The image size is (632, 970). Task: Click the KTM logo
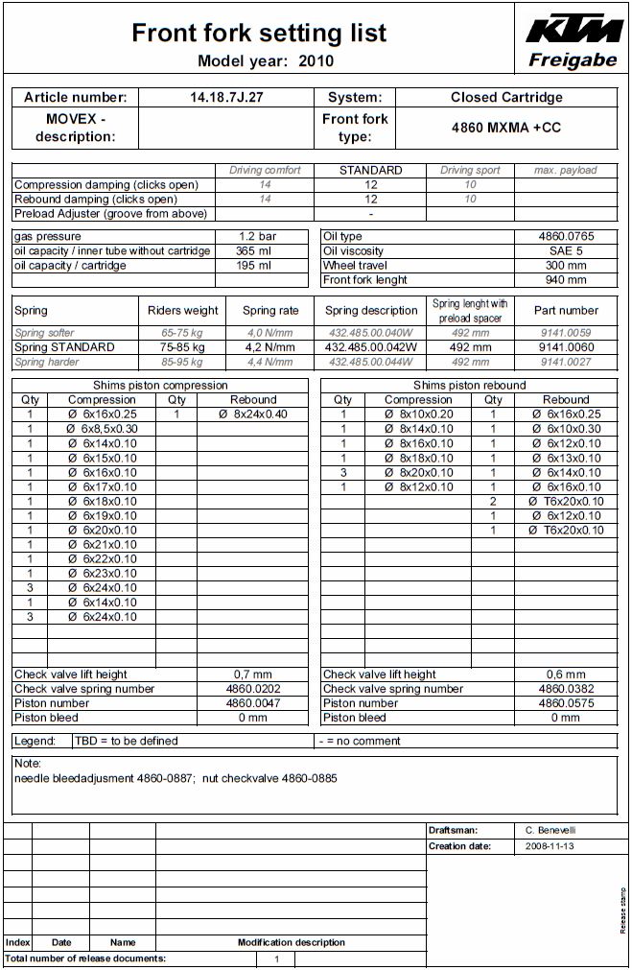(x=573, y=29)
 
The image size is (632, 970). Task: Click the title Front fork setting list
(x=259, y=33)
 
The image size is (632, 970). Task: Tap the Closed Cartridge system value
(x=506, y=97)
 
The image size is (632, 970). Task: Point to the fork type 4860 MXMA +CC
(x=506, y=128)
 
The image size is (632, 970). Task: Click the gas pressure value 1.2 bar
(x=257, y=236)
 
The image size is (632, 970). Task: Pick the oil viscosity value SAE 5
(x=565, y=251)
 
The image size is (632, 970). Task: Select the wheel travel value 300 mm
(x=565, y=266)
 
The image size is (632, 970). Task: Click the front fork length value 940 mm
(x=565, y=280)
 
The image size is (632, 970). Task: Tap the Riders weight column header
(x=182, y=311)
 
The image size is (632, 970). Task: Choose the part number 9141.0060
(x=566, y=347)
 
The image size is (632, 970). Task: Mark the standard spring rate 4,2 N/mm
(x=269, y=347)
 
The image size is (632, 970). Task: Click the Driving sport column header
(x=470, y=170)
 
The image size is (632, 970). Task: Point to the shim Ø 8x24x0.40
(x=252, y=414)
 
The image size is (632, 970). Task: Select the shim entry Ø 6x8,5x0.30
(x=102, y=429)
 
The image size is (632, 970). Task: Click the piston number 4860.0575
(x=565, y=703)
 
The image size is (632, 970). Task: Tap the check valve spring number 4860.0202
(x=252, y=689)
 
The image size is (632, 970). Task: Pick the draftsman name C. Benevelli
(x=551, y=830)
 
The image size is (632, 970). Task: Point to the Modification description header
(x=292, y=942)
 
